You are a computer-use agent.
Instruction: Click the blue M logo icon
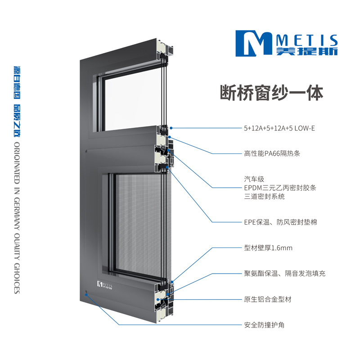254,43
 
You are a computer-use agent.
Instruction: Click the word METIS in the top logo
307,40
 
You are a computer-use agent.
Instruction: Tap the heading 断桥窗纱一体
272,93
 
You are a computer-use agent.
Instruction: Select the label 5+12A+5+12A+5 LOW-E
279,128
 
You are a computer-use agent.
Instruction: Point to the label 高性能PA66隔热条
272,153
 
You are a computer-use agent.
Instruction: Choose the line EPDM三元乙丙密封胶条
280,188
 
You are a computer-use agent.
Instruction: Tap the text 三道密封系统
264,197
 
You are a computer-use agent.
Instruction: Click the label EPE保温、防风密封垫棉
280,222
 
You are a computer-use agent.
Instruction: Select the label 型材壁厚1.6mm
268,248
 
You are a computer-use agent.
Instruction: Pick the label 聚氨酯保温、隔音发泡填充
285,274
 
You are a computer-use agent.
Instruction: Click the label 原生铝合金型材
268,299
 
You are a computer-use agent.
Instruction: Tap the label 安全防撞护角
264,325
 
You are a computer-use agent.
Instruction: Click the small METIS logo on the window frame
105,285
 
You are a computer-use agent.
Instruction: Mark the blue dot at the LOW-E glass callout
171,128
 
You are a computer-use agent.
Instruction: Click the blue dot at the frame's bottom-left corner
86,295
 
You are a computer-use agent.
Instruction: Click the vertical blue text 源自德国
17,83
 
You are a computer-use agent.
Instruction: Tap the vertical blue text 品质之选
17,121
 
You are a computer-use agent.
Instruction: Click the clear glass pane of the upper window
133,101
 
